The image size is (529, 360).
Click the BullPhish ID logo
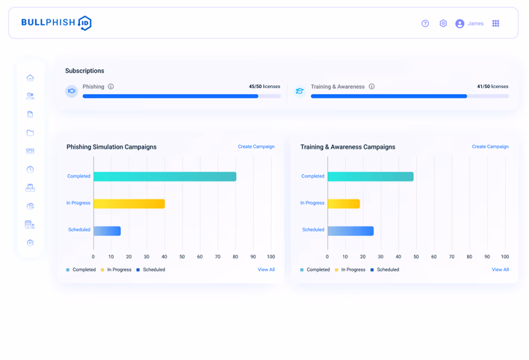pyautogui.click(x=56, y=23)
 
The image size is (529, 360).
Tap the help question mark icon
pyautogui.click(x=425, y=23)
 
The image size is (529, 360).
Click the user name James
pyautogui.click(x=475, y=23)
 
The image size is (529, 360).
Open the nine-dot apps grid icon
pyautogui.click(x=495, y=23)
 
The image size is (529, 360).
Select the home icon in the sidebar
pyautogui.click(x=30, y=78)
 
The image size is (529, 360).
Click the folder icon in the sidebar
pyautogui.click(x=30, y=133)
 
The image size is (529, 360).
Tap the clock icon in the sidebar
pyautogui.click(x=30, y=170)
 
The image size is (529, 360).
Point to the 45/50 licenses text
pyautogui.click(x=264, y=87)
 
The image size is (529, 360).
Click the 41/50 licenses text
pyautogui.click(x=492, y=87)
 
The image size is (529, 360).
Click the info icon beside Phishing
pyautogui.click(x=111, y=87)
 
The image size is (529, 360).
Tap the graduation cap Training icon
pyautogui.click(x=300, y=91)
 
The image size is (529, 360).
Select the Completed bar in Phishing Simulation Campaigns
pyautogui.click(x=165, y=176)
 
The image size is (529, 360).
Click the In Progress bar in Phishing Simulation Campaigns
pyautogui.click(x=129, y=204)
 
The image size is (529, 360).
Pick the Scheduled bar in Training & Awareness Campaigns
pyautogui.click(x=350, y=231)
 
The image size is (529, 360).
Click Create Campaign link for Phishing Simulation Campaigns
pyautogui.click(x=256, y=146)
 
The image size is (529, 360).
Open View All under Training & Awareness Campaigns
pyautogui.click(x=501, y=270)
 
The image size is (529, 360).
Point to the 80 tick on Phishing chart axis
pyautogui.click(x=235, y=257)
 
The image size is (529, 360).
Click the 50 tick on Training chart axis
pyautogui.click(x=416, y=257)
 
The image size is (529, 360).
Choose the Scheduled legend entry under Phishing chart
pyautogui.click(x=151, y=270)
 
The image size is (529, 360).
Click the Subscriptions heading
pyautogui.click(x=84, y=71)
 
